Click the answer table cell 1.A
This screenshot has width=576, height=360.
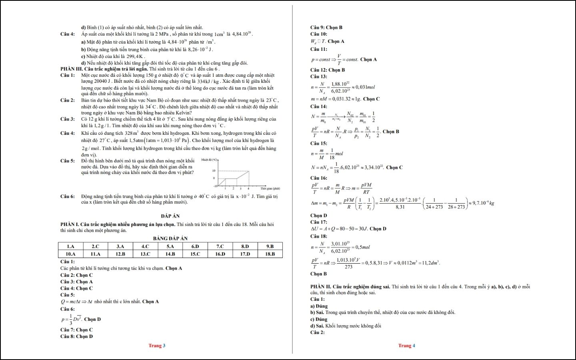pos(70,246)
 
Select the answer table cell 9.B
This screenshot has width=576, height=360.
pos(270,246)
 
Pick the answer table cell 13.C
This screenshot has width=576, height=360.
pos(145,254)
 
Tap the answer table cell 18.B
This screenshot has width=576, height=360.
pos(270,254)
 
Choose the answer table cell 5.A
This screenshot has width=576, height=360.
pos(170,246)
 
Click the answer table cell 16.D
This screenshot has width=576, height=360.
pos(220,254)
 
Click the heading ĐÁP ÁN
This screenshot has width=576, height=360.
pos(170,216)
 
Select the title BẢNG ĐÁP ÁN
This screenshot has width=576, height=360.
pos(170,238)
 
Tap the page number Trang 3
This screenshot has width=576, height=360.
pos(157,346)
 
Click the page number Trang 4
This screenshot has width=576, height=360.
pos(406,346)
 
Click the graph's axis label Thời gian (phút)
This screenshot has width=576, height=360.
pos(270,188)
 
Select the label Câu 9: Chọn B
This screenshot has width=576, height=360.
pos(326,28)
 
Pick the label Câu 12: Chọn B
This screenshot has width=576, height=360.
pos(327,70)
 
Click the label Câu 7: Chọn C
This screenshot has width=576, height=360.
pos(76,330)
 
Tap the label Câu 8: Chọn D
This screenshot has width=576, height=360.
pos(76,336)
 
